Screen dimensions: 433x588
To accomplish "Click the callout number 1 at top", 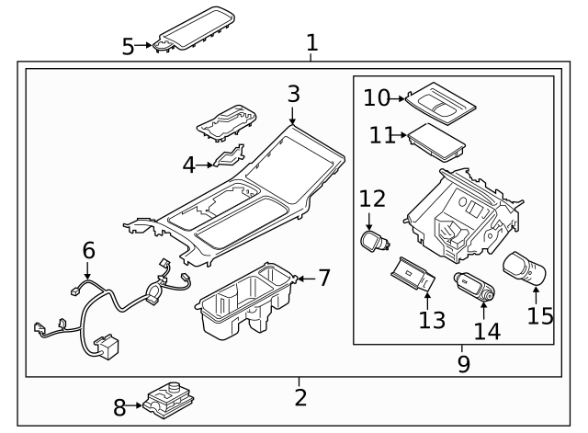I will click(x=311, y=42).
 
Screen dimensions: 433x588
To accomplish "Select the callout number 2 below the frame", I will click(x=300, y=397).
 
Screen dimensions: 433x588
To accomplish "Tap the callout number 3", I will click(x=292, y=94).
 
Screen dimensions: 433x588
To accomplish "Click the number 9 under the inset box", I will click(x=463, y=363).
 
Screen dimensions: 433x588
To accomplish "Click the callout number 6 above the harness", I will click(x=88, y=249).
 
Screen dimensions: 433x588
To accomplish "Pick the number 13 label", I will click(x=432, y=319).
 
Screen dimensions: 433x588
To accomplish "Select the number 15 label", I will click(x=539, y=315).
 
